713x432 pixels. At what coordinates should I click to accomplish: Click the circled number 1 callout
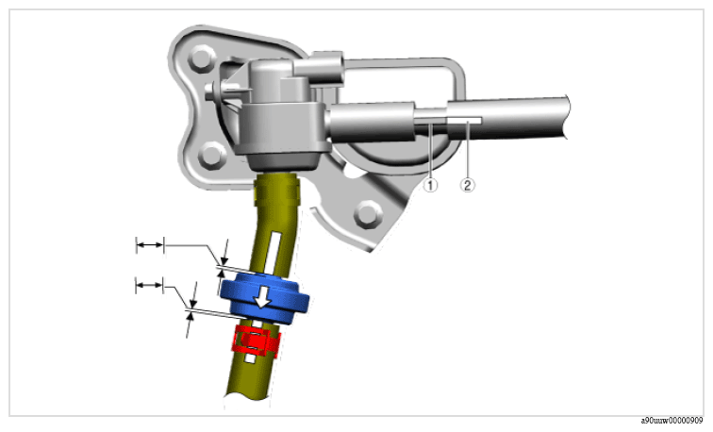click(x=431, y=185)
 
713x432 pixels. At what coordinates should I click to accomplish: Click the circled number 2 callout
click(x=468, y=185)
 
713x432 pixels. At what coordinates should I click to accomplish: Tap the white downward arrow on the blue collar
click(x=262, y=298)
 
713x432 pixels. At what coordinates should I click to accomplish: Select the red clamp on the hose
click(x=255, y=341)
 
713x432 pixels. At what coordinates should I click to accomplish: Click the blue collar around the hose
click(x=264, y=298)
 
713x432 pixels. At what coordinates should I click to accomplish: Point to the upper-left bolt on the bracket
click(x=201, y=58)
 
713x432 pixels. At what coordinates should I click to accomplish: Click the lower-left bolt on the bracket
click(x=212, y=156)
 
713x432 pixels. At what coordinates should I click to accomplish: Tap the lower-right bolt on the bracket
click(x=368, y=214)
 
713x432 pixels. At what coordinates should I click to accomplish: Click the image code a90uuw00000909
click(x=672, y=421)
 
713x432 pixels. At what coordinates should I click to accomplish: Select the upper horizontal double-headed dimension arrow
click(x=150, y=245)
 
